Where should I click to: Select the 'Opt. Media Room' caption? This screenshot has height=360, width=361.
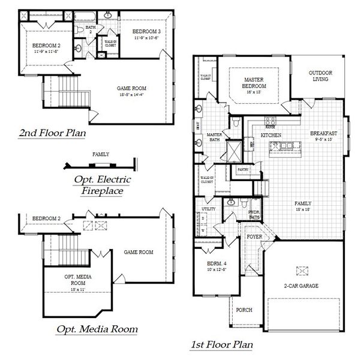[x=97, y=329]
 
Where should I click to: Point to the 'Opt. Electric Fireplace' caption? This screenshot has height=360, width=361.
[x=103, y=185]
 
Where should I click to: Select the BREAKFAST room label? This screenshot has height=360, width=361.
[x=324, y=133]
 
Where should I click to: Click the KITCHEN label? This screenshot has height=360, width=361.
[x=271, y=136]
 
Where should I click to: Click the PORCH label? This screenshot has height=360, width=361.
[x=244, y=310]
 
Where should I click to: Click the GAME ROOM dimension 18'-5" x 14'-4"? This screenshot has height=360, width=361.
[x=131, y=94]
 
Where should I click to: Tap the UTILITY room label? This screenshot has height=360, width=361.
[x=208, y=209]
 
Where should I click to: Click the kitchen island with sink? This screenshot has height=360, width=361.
[x=288, y=145]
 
